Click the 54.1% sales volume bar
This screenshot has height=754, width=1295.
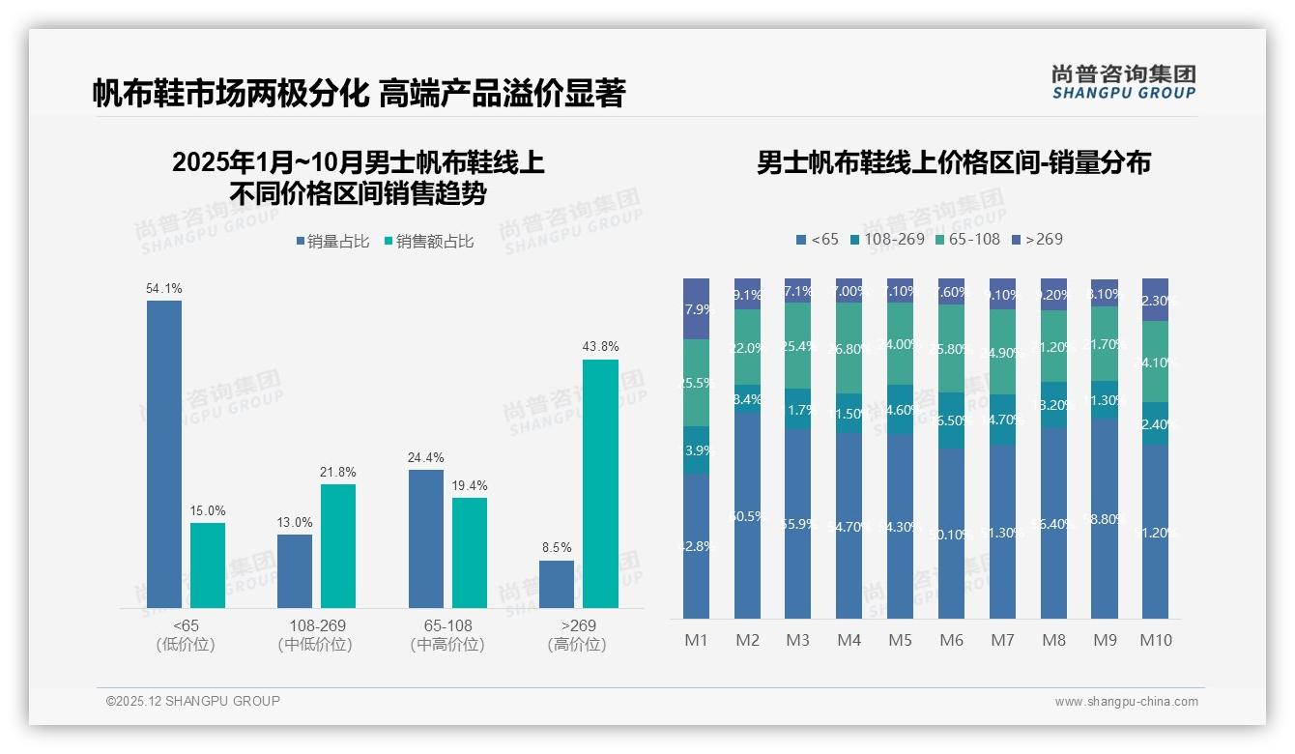coord(164,454)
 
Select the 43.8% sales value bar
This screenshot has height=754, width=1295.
coord(600,483)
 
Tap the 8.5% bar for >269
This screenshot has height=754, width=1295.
coord(557,584)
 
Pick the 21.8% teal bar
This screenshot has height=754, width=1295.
coord(338,546)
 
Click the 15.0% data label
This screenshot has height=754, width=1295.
coord(207,510)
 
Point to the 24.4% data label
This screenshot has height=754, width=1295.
coord(426,457)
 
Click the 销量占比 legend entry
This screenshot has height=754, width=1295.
coord(331,242)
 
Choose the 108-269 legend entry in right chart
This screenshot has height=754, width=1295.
coord(887,239)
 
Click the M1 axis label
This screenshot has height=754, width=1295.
coord(696,640)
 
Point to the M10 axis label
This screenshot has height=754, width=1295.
coord(1156,640)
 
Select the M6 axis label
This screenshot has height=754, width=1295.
coord(951,640)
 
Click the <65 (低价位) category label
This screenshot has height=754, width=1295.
coord(186,635)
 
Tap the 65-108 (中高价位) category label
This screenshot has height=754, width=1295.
coord(447,635)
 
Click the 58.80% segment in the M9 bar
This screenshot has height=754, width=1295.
coord(1105,519)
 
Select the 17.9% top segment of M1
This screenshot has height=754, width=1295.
coord(696,309)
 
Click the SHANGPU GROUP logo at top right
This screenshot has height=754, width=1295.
coord(1124,82)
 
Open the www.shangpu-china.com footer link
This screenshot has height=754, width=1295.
coord(1126,702)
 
